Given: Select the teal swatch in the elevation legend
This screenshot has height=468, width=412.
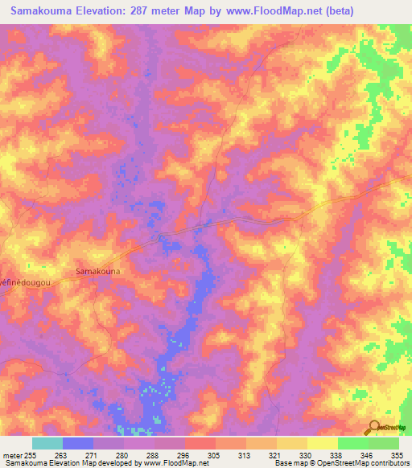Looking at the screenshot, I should pyautogui.click(x=47, y=443).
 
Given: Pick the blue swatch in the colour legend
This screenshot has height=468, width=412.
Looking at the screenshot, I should pyautogui.click(x=77, y=443).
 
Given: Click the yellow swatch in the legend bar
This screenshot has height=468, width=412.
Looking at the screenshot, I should pyautogui.click(x=322, y=443).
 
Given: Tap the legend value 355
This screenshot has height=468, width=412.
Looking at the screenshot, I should pyautogui.click(x=397, y=454).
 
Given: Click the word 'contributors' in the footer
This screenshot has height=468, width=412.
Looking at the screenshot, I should pyautogui.click(x=389, y=463).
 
